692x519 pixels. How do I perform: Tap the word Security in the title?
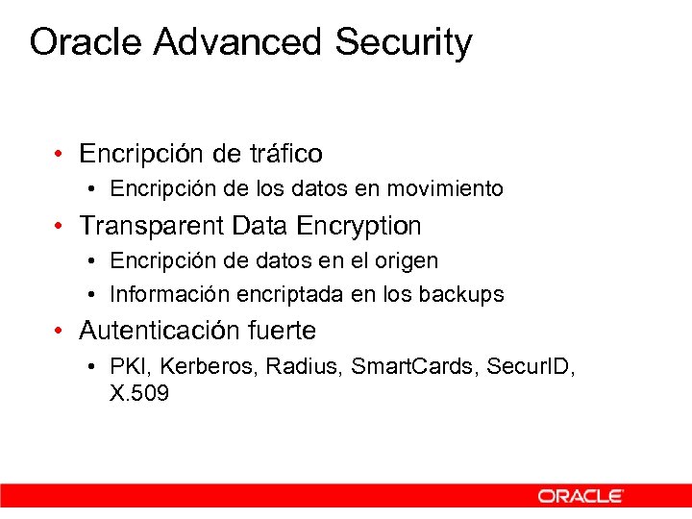pyautogui.click(x=404, y=43)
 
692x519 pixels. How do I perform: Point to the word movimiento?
pyautogui.click(x=448, y=189)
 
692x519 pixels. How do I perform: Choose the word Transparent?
pyautogui.click(x=154, y=226)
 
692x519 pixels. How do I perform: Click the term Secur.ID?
pyautogui.click(x=530, y=366)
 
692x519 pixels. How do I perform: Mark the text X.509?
pyautogui.click(x=139, y=393)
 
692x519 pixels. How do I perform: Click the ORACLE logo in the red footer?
pyautogui.click(x=581, y=496)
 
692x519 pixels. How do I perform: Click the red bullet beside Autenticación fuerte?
pyautogui.click(x=60, y=332)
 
